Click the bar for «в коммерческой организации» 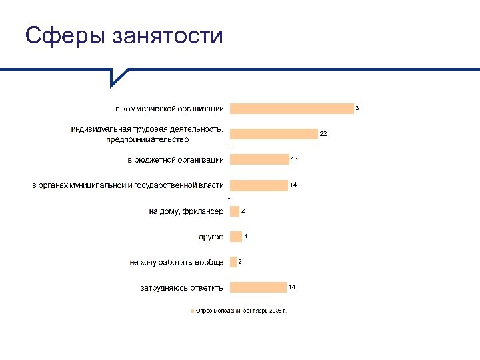coord(291,109)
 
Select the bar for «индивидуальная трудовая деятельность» coord(273,134)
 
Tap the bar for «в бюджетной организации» coord(259,159)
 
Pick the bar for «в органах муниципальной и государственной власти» coord(258,185)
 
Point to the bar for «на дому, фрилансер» coord(234,211)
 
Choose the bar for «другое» coord(235,237)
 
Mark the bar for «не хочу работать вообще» coord(233,262)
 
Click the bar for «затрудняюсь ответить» coord(257,287)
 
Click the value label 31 coord(359,107)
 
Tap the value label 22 coord(323,134)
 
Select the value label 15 coord(294,159)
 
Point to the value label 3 coord(245,236)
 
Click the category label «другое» coord(211,237)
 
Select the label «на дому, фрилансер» coord(186,211)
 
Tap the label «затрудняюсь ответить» coord(181,288)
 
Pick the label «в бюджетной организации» coord(176,160)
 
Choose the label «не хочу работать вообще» coord(176,263)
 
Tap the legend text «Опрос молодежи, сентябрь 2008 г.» coord(241,311)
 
